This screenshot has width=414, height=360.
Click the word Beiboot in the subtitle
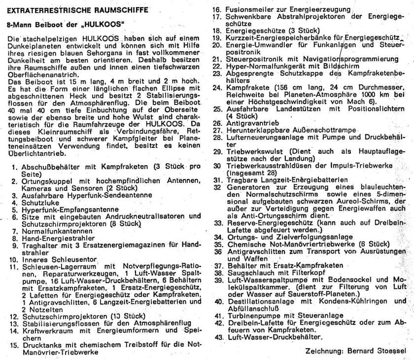49,24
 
